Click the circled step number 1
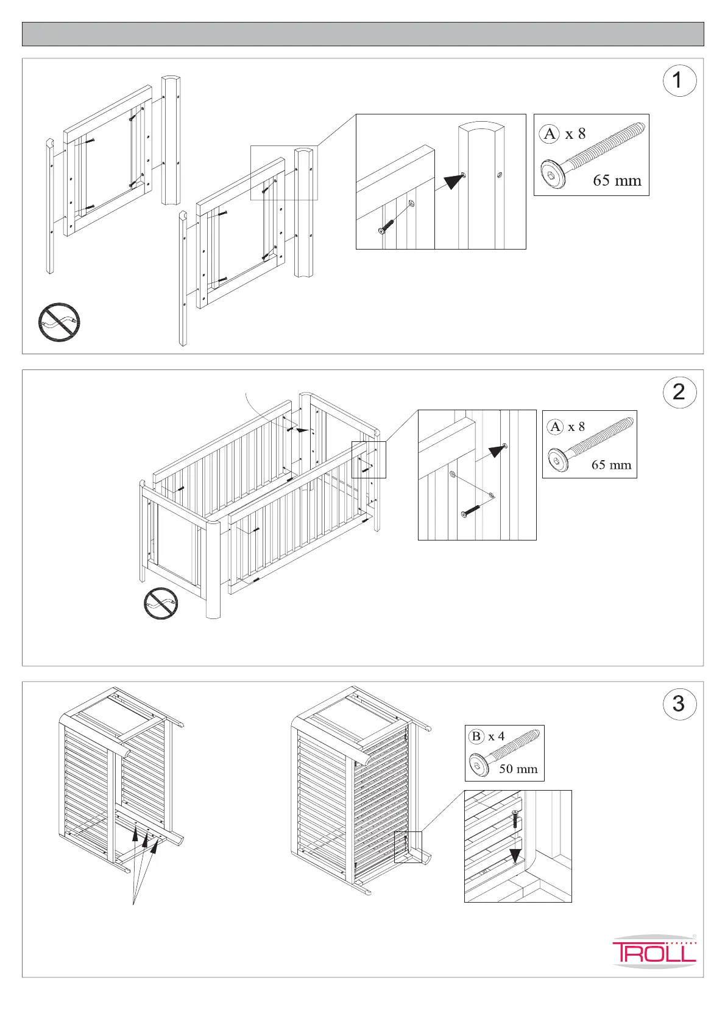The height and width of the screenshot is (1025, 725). tap(679, 80)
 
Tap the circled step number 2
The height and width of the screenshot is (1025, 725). tap(679, 392)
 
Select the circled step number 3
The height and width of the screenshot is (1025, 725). tap(679, 704)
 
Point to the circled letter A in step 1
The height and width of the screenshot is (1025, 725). tap(550, 133)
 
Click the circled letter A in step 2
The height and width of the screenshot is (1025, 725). tap(555, 427)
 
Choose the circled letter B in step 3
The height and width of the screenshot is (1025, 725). tap(476, 736)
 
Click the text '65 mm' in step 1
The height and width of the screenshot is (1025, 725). tap(617, 181)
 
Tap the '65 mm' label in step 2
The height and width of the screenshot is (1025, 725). tap(611, 465)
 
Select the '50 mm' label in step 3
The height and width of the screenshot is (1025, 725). tap(518, 769)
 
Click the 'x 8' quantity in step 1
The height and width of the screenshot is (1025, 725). tap(575, 134)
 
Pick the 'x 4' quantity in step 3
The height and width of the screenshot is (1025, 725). tap(496, 736)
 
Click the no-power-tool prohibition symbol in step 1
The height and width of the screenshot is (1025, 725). tap(59, 322)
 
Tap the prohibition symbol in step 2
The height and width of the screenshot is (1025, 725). tap(161, 604)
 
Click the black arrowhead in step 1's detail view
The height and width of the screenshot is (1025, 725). tap(454, 181)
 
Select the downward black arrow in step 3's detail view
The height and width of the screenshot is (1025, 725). tap(515, 855)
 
